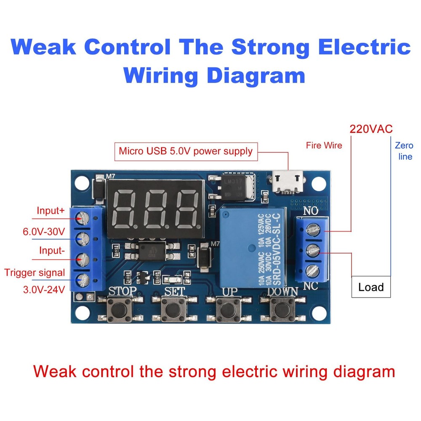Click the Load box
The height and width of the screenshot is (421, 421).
click(371, 287)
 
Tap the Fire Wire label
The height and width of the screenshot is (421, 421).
click(324, 146)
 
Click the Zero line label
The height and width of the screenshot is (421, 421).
click(404, 151)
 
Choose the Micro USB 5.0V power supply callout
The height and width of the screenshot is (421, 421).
click(185, 151)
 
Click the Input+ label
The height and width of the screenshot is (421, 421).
click(51, 210)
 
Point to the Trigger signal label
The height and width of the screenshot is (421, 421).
click(35, 272)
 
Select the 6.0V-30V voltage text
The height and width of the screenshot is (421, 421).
click(44, 231)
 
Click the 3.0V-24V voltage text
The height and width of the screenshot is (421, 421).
click(44, 289)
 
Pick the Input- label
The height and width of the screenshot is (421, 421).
click(52, 251)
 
